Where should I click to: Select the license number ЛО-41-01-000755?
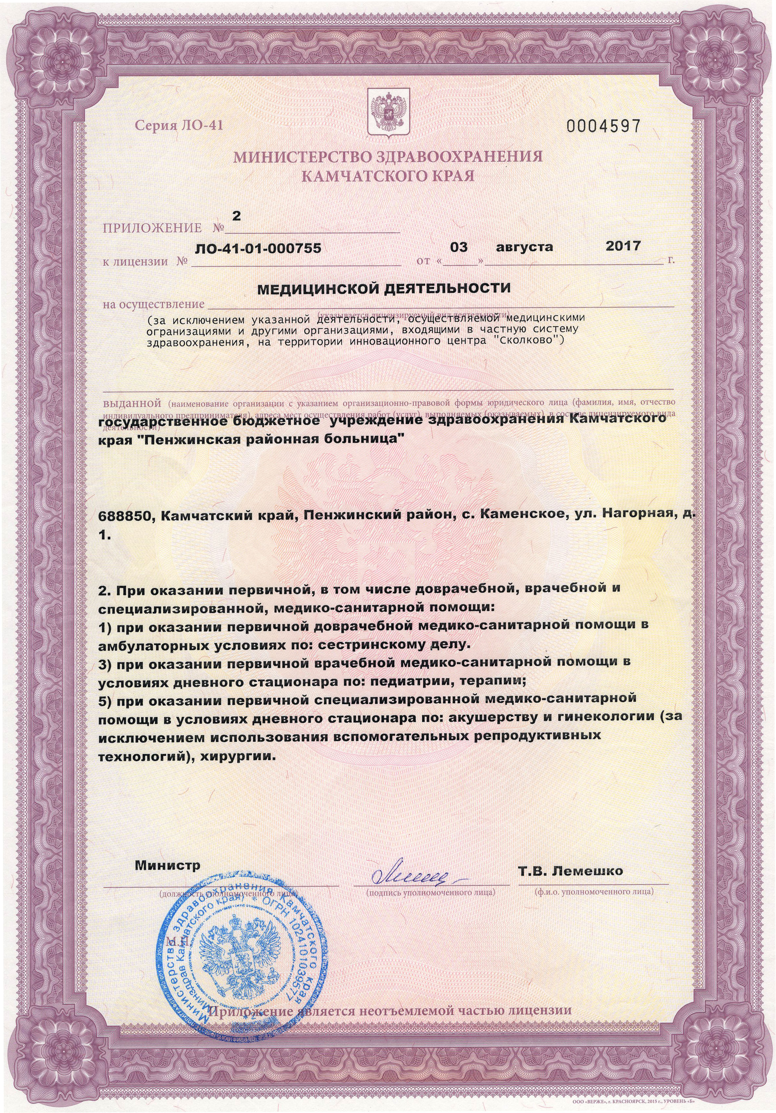pyautogui.click(x=258, y=249)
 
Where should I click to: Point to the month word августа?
pyautogui.click(x=524, y=247)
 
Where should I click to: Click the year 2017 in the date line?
pyautogui.click(x=623, y=246)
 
